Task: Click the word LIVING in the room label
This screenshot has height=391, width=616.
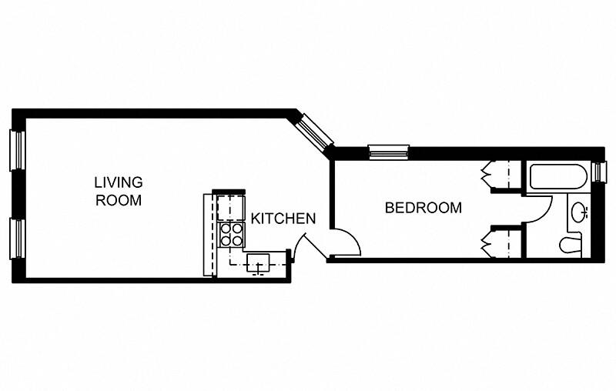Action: pyautogui.click(x=119, y=182)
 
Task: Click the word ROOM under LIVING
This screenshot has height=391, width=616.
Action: pyautogui.click(x=119, y=201)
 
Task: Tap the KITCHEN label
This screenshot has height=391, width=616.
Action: pyautogui.click(x=283, y=219)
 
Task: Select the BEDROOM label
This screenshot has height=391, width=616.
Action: pyautogui.click(x=423, y=207)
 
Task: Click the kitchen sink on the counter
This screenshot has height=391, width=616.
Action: pyautogui.click(x=260, y=264)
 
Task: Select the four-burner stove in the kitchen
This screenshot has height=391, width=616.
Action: pyautogui.click(x=230, y=234)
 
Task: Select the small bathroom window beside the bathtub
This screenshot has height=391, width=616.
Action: pyautogui.click(x=602, y=172)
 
